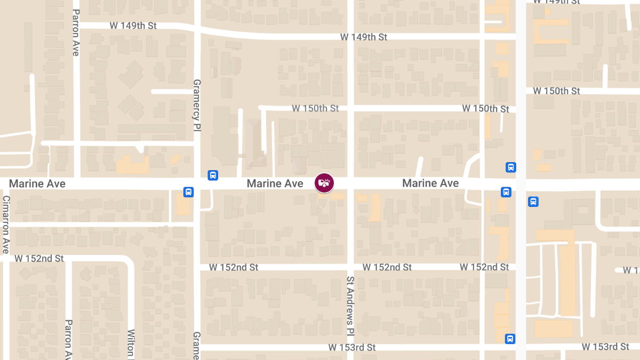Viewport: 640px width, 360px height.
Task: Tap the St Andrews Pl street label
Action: (x=350, y=301)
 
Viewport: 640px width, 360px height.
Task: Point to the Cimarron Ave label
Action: (x=6, y=225)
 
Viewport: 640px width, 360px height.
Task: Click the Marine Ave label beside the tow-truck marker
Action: (x=275, y=183)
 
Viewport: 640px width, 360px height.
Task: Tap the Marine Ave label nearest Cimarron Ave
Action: (x=37, y=183)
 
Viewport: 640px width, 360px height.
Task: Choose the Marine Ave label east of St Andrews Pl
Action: (x=430, y=183)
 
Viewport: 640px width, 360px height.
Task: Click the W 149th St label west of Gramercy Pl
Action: (x=133, y=26)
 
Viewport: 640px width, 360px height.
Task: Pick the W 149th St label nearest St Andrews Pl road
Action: (x=364, y=37)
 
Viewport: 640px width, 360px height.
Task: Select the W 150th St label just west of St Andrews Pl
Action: (x=315, y=108)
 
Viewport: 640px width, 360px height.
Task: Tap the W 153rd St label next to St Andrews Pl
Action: (x=352, y=347)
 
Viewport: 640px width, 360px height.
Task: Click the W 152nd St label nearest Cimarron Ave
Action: (x=39, y=259)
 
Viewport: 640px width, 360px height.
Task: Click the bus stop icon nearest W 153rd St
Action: (x=510, y=338)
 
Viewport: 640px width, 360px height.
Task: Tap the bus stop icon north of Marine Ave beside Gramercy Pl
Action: (x=212, y=175)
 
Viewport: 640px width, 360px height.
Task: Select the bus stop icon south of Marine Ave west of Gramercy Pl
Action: (x=188, y=191)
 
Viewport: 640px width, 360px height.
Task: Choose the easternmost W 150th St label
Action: (x=557, y=91)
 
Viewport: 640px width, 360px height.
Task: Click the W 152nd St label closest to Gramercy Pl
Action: (x=234, y=267)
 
